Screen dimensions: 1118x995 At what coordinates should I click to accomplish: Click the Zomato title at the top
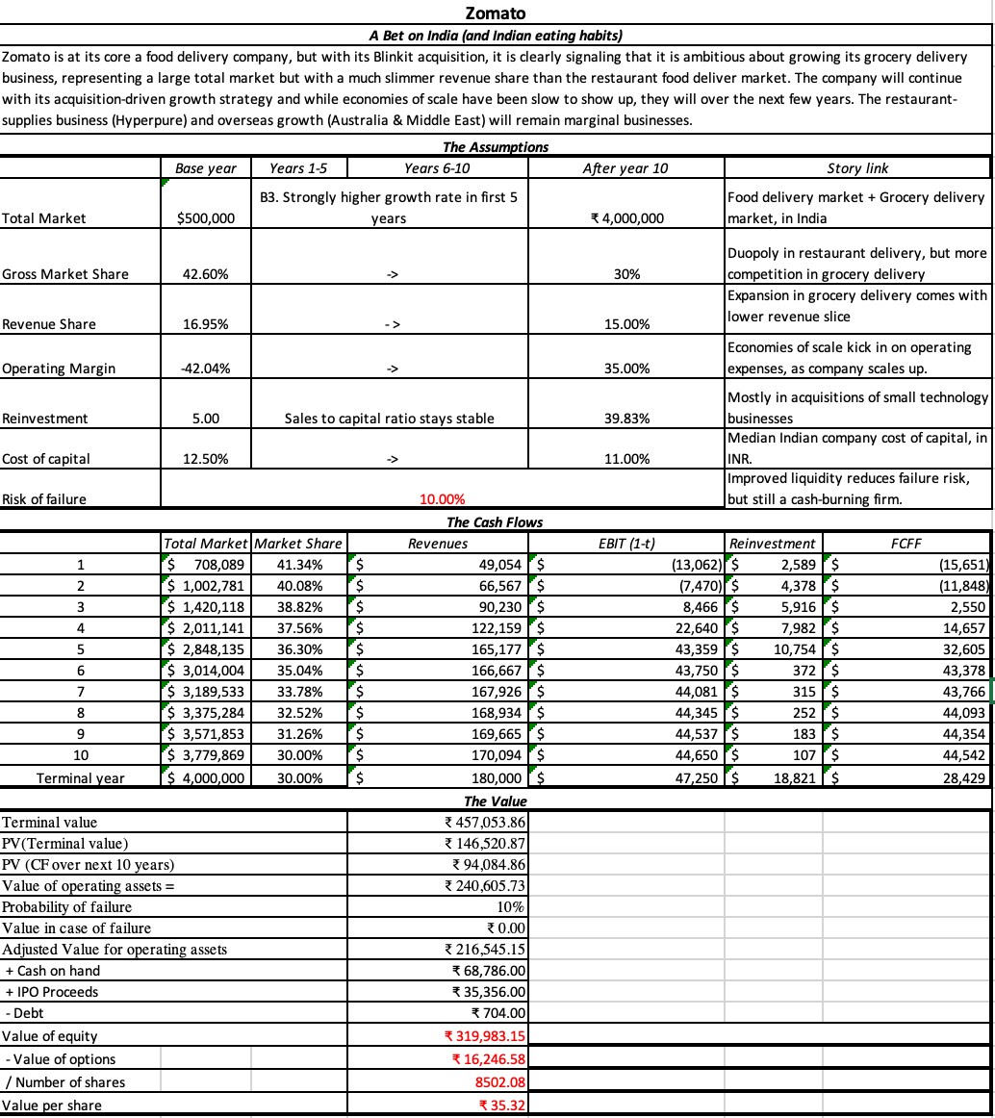pos(495,13)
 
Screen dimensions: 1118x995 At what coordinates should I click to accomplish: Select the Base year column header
pos(206,167)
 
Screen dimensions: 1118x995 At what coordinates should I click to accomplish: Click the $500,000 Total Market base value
pos(206,217)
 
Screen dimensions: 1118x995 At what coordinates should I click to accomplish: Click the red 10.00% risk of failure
pos(443,498)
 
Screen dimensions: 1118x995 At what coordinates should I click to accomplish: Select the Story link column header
pos(857,167)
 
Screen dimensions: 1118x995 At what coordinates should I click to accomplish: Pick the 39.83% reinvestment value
pos(626,419)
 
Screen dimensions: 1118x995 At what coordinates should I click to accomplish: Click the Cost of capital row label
pos(46,458)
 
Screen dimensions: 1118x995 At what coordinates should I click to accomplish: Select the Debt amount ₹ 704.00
pos(497,1012)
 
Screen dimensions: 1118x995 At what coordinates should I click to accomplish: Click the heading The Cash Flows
pos(495,522)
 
